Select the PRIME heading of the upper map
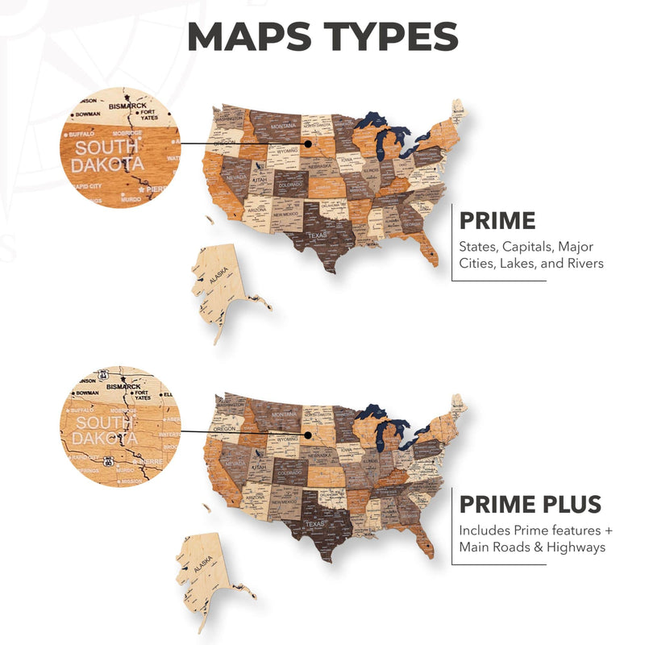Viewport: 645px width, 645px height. point(497,221)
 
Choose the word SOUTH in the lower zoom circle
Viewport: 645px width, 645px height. point(104,422)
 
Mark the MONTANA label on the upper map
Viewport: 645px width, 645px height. point(282,127)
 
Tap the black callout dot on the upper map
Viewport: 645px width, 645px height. point(307,145)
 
